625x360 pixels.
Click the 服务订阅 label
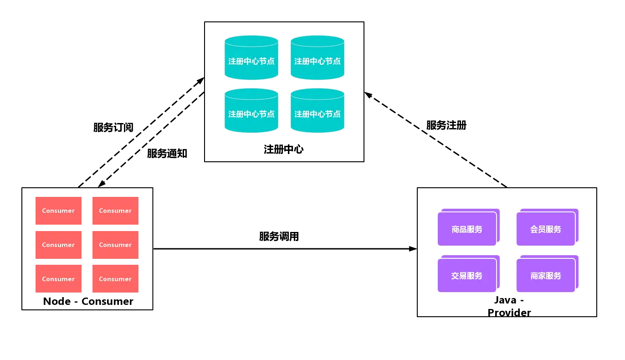pos(113,128)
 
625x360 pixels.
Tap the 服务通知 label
pos(167,154)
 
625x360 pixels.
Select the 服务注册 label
pos(446,125)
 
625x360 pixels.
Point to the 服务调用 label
pos(279,237)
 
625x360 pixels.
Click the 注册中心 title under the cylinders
pos(284,149)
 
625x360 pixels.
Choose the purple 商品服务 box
pos(468,227)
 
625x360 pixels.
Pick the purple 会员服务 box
pos(548,227)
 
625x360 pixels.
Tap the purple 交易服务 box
pos(468,273)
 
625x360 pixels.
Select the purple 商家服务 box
pos(548,273)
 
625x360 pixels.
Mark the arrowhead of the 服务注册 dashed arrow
pos(368,95)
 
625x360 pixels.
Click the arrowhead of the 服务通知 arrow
pos(101,184)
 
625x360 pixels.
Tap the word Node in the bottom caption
pos(57,301)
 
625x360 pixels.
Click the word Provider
pos(509,313)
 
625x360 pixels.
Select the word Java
pos(505,300)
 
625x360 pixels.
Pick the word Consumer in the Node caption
pos(108,301)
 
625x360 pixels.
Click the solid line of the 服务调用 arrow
pos(285,249)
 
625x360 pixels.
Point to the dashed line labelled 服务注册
pos(435,139)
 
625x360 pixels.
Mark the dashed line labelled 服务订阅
pos(141,132)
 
